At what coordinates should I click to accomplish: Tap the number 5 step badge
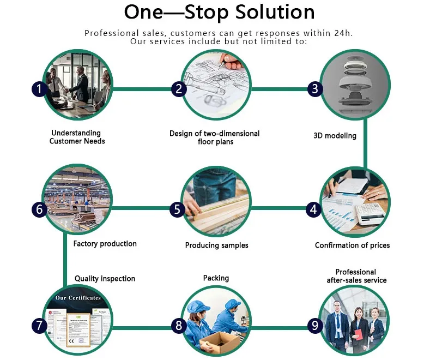point(177,208)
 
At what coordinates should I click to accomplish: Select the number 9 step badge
point(314,326)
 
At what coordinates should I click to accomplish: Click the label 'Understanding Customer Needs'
point(76,137)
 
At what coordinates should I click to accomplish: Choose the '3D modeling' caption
point(335,135)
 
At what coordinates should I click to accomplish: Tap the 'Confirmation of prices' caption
point(352,245)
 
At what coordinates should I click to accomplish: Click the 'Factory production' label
point(105,244)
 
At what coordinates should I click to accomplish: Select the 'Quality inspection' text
point(105,279)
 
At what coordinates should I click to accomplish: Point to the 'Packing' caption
point(216,278)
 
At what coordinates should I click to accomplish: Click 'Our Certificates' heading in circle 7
point(78,298)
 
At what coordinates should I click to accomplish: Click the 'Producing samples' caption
point(216,245)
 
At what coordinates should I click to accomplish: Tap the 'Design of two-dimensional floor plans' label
point(214,137)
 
